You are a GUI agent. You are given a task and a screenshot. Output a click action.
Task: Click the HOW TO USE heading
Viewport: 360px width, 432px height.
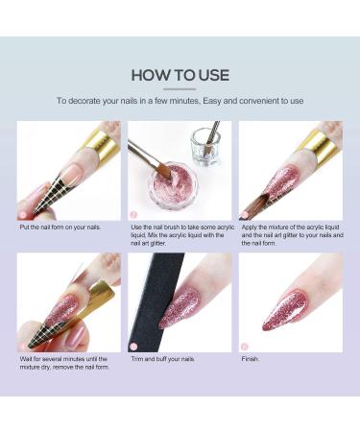tap(180, 75)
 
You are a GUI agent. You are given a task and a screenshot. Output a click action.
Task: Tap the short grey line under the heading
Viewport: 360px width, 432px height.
tap(180, 89)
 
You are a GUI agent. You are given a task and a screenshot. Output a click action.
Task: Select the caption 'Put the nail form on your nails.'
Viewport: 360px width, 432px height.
tap(60, 228)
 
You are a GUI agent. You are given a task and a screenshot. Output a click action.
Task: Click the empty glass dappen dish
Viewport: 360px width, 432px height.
tap(206, 147)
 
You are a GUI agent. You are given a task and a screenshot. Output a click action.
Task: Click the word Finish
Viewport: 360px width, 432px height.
tap(251, 359)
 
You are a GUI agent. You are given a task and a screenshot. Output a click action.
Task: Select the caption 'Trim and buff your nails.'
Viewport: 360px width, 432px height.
tap(163, 359)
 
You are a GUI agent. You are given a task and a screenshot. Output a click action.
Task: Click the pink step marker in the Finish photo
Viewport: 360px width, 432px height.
tap(244, 346)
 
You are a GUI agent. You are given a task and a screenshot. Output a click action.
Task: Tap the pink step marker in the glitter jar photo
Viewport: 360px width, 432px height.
tap(133, 214)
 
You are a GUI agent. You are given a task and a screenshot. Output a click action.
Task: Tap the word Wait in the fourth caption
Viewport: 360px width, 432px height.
tap(26, 359)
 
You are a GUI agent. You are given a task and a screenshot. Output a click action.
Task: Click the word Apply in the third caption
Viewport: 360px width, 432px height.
tap(249, 228)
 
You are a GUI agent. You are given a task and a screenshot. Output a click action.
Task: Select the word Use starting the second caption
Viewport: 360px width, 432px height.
tap(135, 228)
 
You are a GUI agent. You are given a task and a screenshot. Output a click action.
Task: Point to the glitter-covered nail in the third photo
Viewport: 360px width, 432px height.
tap(283, 181)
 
